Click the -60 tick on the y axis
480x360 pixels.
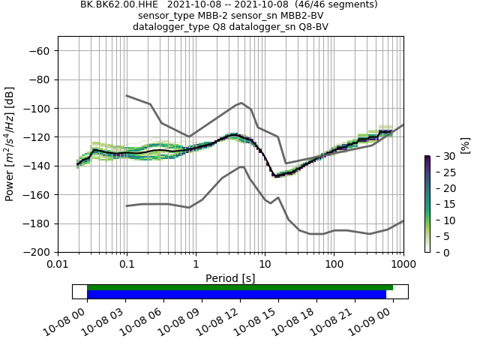pos(42,51)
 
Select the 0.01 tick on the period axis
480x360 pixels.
pos(58,264)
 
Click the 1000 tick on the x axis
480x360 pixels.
pos(403,264)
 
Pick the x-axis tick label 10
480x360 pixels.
pos(265,264)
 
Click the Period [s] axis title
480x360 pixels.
pos(230,278)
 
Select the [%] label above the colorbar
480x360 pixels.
pos(464,145)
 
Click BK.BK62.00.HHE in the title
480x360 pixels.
pos(116,4)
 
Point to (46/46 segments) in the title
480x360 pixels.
pos(337,4)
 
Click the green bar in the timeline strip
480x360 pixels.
pos(240,287)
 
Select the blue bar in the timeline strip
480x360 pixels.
pos(236,294)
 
